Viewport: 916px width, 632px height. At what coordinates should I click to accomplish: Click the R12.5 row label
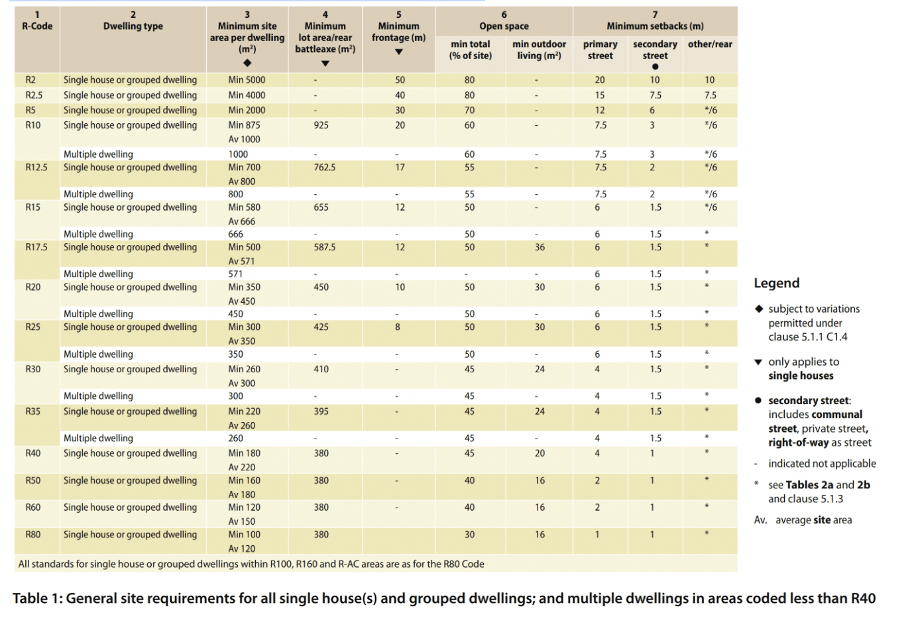36,167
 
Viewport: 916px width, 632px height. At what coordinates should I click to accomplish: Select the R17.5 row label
36,247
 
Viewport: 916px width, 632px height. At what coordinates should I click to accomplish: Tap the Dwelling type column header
133,26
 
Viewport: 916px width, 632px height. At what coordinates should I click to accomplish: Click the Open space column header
504,26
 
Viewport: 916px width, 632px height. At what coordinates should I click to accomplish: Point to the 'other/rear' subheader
710,44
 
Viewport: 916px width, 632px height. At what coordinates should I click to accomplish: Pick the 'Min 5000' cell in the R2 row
247,79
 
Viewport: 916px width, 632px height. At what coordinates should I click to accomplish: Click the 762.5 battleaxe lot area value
325,167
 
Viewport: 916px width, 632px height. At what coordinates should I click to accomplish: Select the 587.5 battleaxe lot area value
325,247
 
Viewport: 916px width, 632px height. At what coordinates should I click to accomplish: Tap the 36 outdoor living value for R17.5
540,247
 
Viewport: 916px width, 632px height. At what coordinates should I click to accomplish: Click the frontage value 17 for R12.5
400,167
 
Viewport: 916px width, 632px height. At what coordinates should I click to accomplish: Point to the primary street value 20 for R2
600,79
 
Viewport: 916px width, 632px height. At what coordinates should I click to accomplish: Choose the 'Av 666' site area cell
242,221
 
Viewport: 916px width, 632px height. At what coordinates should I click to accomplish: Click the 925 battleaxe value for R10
321,125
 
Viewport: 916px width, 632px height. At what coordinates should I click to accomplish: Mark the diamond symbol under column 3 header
247,62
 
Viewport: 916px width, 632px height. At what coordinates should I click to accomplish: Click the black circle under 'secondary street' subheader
655,66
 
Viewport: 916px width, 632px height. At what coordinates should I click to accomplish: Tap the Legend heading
777,283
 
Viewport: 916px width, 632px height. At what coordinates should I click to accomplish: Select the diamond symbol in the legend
759,309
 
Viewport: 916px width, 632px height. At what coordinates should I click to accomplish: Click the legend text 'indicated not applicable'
822,464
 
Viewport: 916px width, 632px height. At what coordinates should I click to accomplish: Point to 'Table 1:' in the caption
37,598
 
